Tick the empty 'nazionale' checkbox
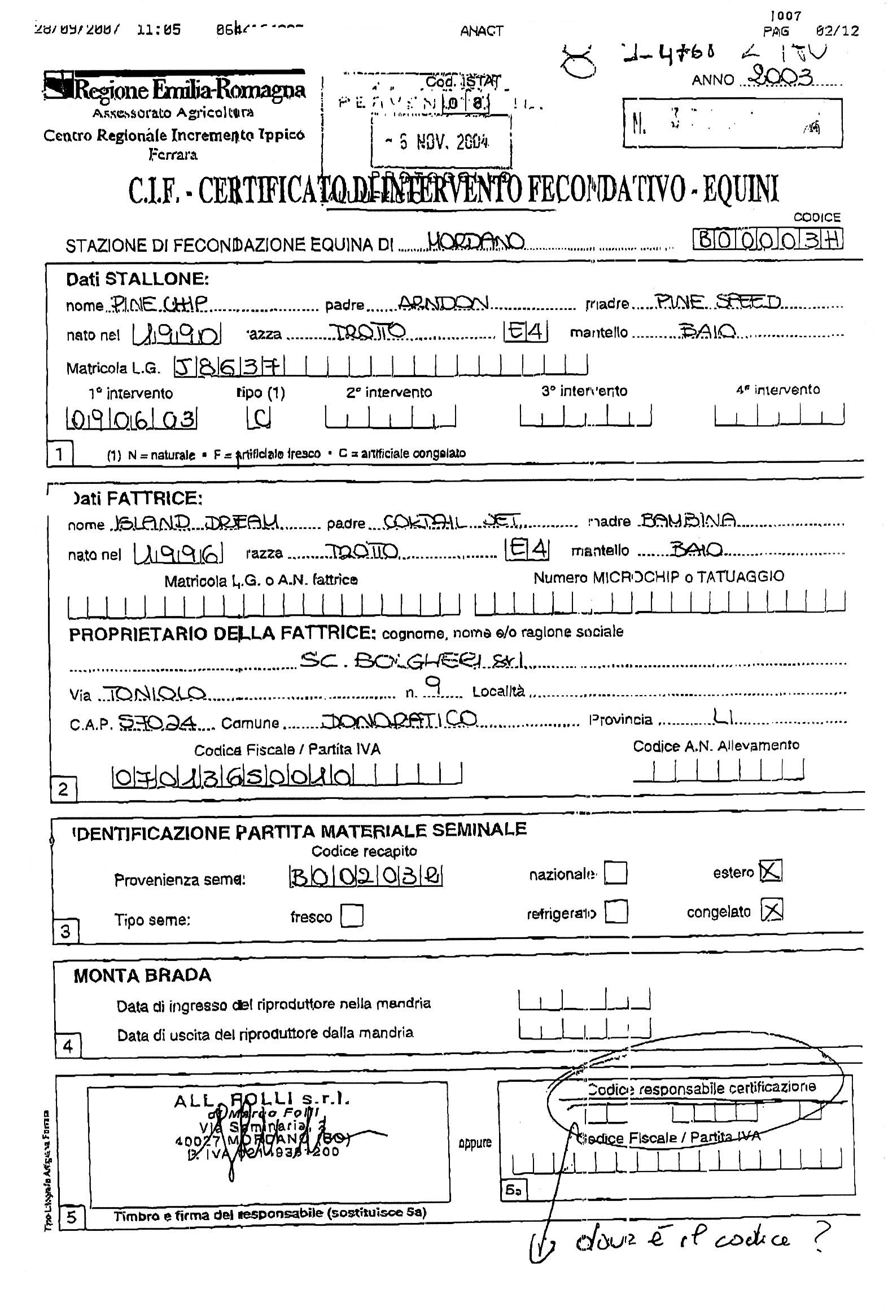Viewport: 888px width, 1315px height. [615, 872]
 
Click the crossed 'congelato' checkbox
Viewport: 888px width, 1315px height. [772, 910]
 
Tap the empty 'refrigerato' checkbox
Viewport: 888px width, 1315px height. [616, 911]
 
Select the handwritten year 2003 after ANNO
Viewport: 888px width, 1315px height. [781, 77]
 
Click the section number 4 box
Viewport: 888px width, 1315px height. [68, 1046]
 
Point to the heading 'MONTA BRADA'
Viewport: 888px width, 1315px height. [142, 976]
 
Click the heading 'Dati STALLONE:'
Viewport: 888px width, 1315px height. [137, 279]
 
